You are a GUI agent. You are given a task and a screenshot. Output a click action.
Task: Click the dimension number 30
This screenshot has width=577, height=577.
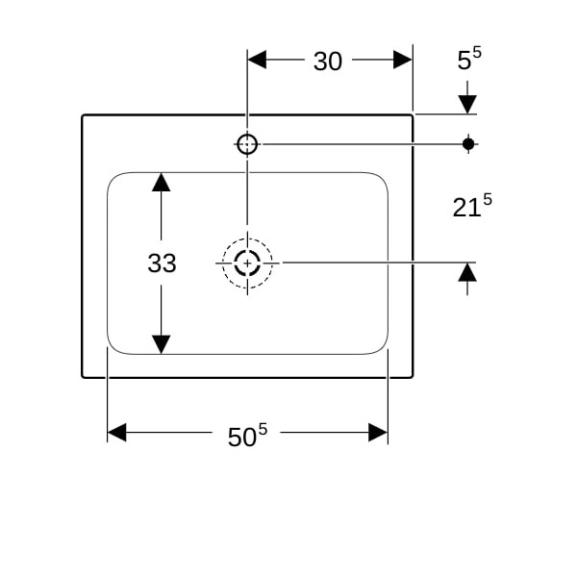328,62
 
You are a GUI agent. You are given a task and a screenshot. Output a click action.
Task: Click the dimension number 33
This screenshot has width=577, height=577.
162,263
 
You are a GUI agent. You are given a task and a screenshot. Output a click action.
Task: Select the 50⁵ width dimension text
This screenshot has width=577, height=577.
247,435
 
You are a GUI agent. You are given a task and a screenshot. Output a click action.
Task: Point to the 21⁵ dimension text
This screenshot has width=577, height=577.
472,206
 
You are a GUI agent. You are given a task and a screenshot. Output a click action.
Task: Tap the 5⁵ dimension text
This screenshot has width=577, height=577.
469,58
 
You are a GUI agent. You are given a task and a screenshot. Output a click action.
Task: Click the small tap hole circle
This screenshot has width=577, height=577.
247,144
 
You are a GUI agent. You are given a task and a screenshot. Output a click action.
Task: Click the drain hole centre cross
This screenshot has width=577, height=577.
247,263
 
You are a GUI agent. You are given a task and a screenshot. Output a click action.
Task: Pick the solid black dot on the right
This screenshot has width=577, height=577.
468,144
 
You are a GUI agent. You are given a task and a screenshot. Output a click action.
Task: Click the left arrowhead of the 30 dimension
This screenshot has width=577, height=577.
257,60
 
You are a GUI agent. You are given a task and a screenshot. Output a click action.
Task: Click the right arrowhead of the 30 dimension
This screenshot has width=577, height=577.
403,60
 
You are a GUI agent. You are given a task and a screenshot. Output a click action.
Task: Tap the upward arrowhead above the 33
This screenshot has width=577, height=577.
162,182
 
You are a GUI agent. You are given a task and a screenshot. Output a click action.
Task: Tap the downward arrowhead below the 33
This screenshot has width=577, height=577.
162,344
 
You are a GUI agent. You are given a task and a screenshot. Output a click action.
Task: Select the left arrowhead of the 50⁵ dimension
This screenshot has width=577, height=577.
116,432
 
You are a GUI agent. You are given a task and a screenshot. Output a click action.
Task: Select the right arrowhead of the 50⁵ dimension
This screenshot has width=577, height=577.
378,432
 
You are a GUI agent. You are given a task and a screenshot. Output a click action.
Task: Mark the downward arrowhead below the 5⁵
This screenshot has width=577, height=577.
467,105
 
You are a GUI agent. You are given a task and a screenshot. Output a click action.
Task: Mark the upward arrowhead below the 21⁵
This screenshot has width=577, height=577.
467,272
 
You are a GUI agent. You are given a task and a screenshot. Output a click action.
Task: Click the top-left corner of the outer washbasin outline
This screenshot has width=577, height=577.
83,115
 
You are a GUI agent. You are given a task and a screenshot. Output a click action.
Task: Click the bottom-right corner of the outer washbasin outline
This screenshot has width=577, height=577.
413,377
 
